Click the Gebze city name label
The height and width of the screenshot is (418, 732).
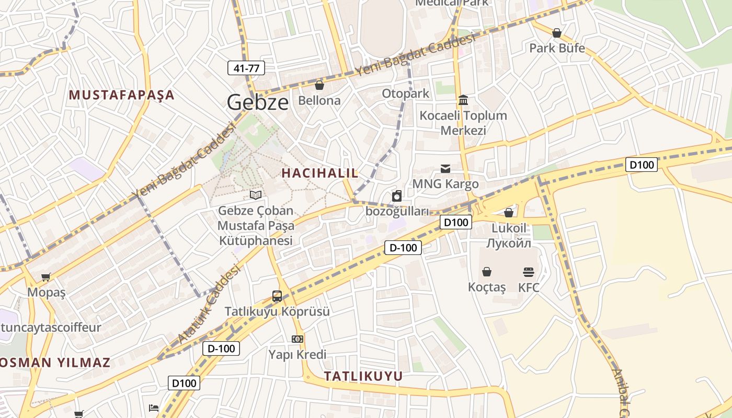point(257,102)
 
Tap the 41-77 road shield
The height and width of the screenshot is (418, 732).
point(246,68)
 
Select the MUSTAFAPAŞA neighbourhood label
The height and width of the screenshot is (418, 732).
point(122,95)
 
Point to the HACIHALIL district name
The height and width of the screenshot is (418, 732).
point(320,173)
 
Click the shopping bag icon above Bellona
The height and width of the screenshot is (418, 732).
point(319,85)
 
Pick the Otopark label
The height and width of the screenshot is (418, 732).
point(405,94)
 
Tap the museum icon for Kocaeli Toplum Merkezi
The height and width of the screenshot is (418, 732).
point(463,100)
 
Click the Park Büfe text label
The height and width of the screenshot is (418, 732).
point(557,48)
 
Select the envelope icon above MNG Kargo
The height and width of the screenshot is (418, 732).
point(445,168)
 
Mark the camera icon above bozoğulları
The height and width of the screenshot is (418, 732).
point(397,196)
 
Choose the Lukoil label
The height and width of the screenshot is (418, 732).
point(509,228)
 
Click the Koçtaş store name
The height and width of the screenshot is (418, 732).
point(487,287)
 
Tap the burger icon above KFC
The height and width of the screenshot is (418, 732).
point(529,272)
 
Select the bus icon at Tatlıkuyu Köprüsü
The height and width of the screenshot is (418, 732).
point(277,296)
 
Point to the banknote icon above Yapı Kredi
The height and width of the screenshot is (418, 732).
point(298,339)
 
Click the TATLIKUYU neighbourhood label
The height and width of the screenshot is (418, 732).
point(363,376)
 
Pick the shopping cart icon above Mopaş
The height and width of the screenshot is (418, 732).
point(47,277)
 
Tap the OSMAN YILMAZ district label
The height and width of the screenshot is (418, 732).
point(55,363)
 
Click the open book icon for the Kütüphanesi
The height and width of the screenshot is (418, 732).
point(256,195)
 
